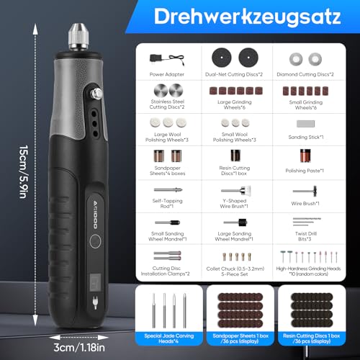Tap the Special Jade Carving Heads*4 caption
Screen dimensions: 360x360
coord(168,337)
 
